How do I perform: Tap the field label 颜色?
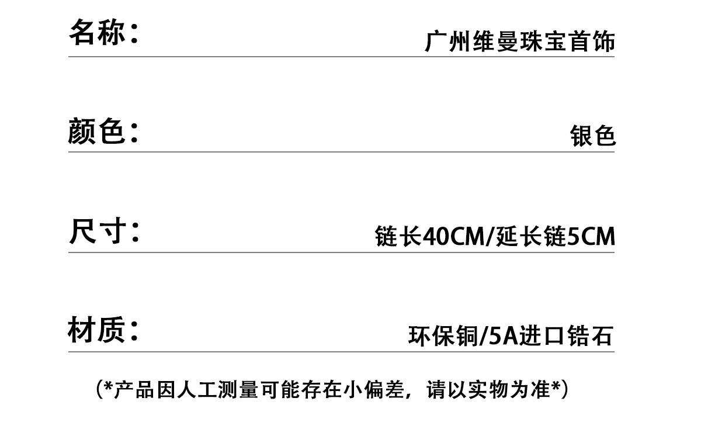(x=97, y=131)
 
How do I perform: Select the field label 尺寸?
(x=98, y=231)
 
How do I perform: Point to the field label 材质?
(x=97, y=330)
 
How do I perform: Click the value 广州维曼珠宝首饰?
(x=519, y=43)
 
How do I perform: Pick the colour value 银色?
(x=592, y=136)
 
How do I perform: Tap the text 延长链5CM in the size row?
(x=556, y=237)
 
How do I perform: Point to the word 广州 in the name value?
(x=447, y=43)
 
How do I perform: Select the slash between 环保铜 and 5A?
(x=483, y=337)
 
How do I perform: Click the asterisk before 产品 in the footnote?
(x=108, y=386)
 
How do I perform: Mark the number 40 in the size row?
(x=435, y=237)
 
